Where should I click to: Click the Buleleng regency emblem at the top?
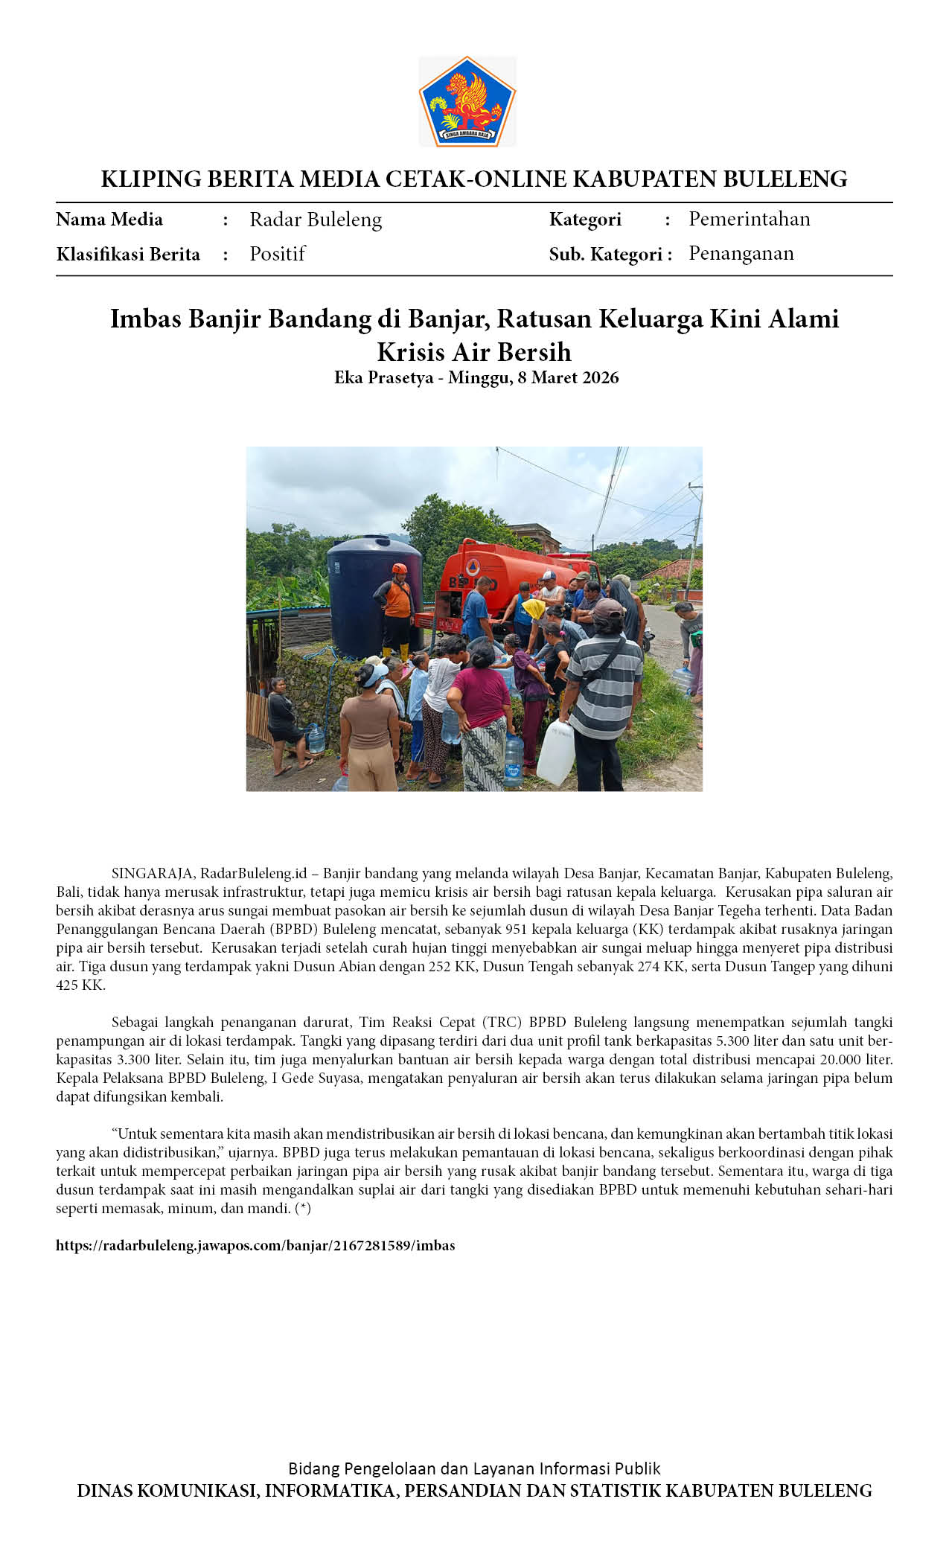click(467, 101)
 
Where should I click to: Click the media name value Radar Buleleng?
click(316, 220)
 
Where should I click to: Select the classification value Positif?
click(277, 254)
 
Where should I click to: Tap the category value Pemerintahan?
click(749, 219)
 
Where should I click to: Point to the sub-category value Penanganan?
click(741, 253)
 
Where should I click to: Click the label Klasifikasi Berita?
click(128, 255)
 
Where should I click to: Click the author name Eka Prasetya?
click(383, 377)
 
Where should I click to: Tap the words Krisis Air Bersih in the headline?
click(474, 351)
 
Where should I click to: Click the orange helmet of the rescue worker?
click(400, 569)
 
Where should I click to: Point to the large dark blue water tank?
click(374, 595)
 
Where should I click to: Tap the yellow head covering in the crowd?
click(534, 609)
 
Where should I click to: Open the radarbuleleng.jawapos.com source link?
click(255, 1245)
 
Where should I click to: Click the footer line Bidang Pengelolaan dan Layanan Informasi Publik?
click(474, 1468)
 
